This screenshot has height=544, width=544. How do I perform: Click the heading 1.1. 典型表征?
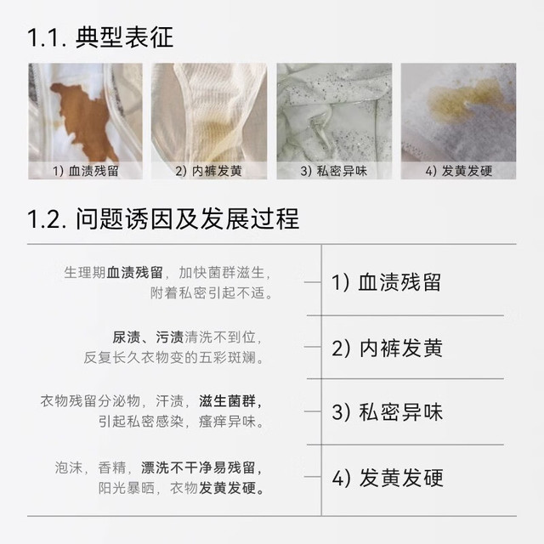pos(100,37)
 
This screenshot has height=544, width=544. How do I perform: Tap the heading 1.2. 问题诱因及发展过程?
pos(163,219)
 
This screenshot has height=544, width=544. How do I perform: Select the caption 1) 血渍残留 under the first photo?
pos(86,171)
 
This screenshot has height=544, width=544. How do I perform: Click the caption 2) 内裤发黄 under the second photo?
pos(208,171)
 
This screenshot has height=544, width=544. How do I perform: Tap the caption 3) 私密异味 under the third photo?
pos(334,171)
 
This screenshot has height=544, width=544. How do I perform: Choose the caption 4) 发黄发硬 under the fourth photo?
pos(459,171)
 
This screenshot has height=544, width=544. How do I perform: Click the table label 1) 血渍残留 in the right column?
pos(386,282)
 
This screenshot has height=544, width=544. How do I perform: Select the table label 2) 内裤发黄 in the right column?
pos(388,348)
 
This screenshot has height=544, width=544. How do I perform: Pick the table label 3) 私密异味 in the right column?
pos(388,412)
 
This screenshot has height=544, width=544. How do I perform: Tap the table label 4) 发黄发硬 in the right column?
pos(388,478)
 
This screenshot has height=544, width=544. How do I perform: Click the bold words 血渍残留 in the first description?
pos(134,273)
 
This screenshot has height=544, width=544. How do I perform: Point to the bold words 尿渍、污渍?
pos(148,337)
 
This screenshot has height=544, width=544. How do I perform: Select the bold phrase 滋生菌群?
pos(227,401)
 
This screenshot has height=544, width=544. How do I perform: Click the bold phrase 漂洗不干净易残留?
pos(198,467)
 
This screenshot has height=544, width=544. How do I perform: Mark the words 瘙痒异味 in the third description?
pos(227,422)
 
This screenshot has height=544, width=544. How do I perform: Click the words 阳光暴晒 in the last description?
pos(127,488)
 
